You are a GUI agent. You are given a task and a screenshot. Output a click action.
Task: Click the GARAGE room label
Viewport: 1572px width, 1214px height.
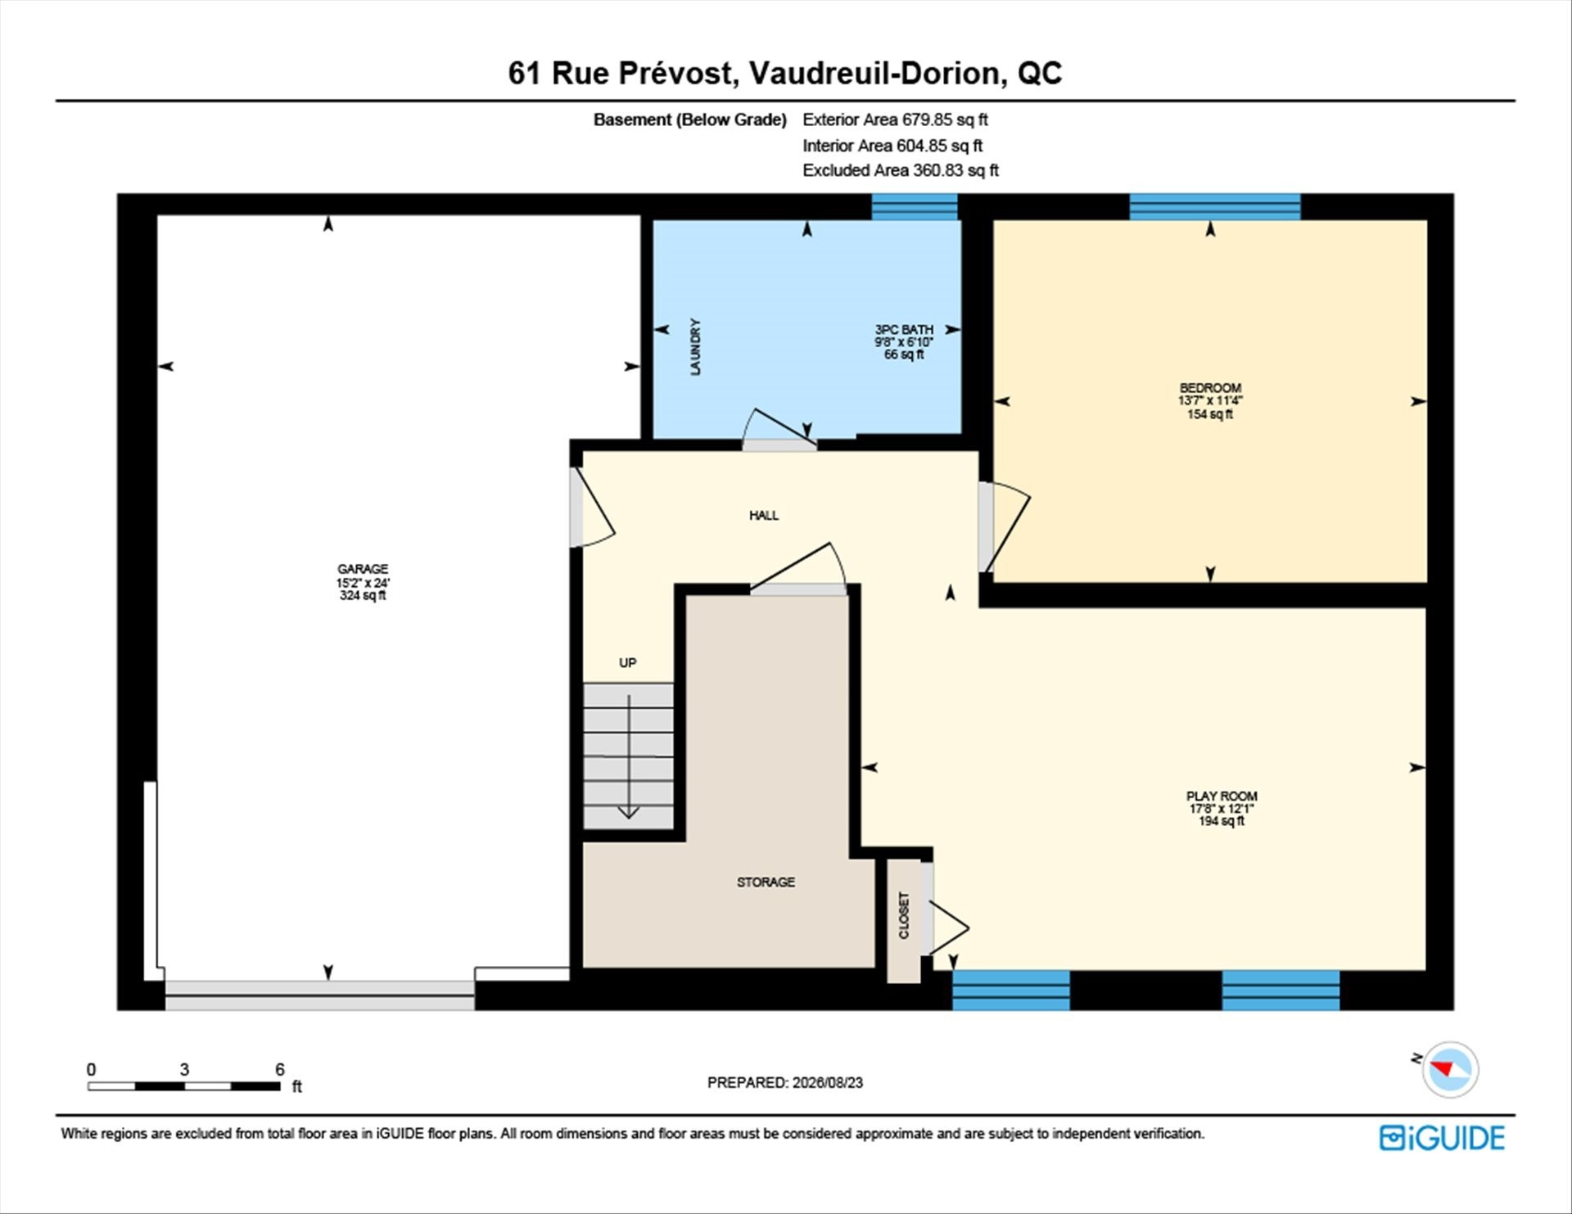[363, 569]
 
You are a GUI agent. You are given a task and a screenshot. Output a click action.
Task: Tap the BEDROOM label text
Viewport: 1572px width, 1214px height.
[1210, 388]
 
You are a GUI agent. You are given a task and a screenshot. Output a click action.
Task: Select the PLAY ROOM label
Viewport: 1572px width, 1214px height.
[1222, 796]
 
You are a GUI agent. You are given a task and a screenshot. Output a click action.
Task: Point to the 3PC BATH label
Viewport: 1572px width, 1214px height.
[904, 329]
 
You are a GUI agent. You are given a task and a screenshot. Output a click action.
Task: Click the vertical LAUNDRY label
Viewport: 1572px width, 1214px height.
[695, 347]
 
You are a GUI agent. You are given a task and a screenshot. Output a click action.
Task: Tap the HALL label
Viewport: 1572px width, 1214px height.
[764, 515]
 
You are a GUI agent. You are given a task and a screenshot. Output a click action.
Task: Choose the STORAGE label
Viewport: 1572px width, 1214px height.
[766, 882]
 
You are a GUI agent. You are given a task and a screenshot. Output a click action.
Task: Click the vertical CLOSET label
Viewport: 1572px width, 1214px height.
[904, 915]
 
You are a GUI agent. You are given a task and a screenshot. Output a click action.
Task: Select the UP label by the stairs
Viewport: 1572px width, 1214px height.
[628, 662]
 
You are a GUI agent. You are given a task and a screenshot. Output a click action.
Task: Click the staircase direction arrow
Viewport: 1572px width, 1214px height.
[628, 756]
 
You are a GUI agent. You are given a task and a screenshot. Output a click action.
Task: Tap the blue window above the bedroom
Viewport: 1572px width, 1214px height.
[1215, 207]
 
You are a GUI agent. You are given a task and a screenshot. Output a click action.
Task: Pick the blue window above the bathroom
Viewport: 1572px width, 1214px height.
[915, 207]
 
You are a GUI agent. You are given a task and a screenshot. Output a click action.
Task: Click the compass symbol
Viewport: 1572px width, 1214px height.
[1450, 1069]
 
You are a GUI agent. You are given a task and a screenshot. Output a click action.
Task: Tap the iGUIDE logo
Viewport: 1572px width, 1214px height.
[1442, 1138]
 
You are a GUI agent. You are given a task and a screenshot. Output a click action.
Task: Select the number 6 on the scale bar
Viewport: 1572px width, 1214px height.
[280, 1069]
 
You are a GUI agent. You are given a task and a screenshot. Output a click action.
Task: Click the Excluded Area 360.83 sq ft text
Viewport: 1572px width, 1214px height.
[901, 170]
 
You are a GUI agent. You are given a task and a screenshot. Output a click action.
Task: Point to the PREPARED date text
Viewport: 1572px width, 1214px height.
[785, 1082]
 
